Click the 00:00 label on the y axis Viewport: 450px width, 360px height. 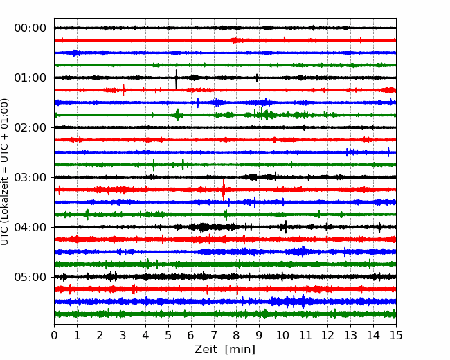coord(30,28)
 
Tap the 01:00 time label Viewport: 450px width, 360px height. coord(30,78)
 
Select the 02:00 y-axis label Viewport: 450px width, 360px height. coord(30,127)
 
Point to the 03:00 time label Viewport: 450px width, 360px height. coord(30,177)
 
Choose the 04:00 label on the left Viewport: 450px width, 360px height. coord(30,227)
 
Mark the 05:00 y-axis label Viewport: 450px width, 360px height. coord(30,277)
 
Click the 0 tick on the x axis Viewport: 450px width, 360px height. coord(54,335)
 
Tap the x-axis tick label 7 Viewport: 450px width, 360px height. coord(214,335)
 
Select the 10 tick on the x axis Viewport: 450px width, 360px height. coord(282,335)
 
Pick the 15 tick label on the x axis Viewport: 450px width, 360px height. coord(396,335)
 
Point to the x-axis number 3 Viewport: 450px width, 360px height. coord(123,335)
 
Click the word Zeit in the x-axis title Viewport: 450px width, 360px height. coord(206,350)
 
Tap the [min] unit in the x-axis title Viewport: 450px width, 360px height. coord(240,350)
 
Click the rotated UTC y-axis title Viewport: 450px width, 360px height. coord(4,172)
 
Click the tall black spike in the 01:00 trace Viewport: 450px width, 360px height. coord(177,79)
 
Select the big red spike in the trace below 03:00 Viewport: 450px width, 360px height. coord(224,190)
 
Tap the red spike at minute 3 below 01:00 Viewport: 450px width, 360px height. coord(123,90)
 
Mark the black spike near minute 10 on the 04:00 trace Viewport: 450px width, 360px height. coord(286,227)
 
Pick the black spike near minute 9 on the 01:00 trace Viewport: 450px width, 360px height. coord(257,78)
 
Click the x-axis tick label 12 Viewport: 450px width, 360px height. coord(327,335)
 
